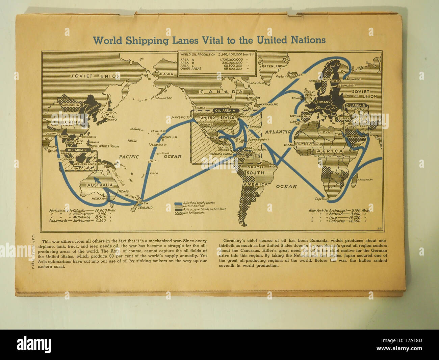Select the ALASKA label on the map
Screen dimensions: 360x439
click(x=166, y=74)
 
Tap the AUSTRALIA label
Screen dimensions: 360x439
click(x=100, y=185)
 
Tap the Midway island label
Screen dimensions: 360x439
click(x=135, y=129)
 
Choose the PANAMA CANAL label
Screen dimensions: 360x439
click(x=221, y=154)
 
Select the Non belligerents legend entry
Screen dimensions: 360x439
click(x=193, y=213)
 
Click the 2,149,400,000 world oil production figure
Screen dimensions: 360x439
click(x=230, y=54)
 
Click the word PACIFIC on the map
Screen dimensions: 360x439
click(x=129, y=157)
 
